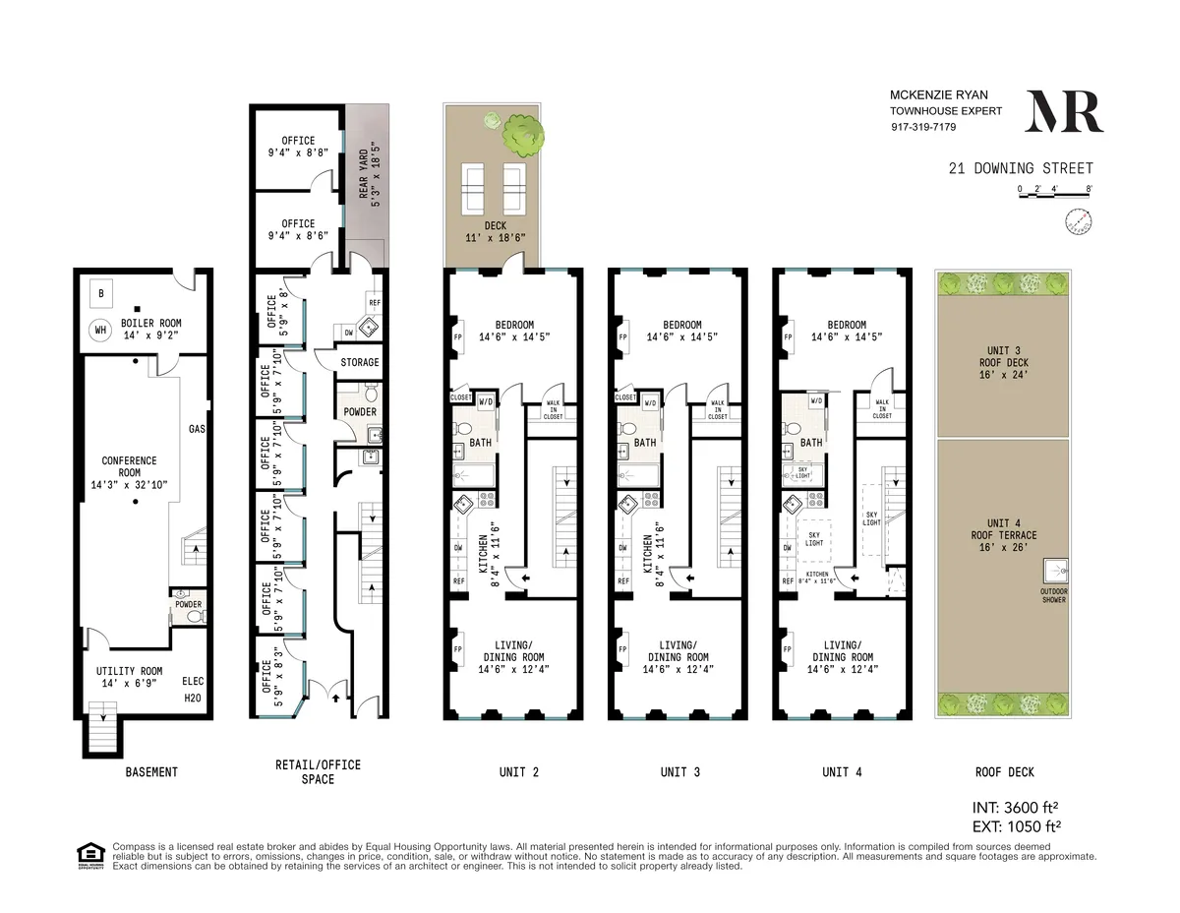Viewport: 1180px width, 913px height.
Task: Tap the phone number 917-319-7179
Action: click(x=923, y=127)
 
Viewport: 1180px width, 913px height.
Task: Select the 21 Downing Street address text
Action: click(x=1020, y=168)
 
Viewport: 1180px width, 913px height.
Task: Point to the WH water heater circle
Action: click(x=100, y=331)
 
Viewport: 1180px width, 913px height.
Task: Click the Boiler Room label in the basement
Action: click(x=150, y=330)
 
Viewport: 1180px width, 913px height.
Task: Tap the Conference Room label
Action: click(x=129, y=472)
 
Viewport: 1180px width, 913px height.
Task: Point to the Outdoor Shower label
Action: click(x=1052, y=596)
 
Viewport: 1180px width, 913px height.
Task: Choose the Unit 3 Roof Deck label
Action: click(x=1003, y=362)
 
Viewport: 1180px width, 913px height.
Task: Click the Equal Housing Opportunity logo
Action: click(x=90, y=854)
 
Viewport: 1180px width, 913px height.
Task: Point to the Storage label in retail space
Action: click(x=360, y=363)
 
